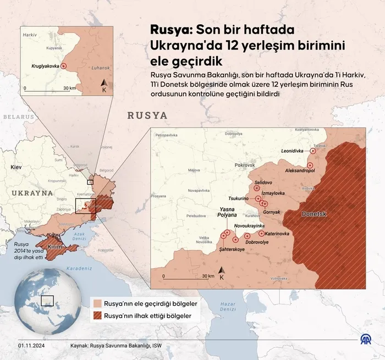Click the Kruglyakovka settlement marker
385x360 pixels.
[63, 66]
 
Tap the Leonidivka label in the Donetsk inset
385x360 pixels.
[293, 151]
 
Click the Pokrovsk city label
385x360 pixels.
[245, 165]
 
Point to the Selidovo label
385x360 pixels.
[263, 182]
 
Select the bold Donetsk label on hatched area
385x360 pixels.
[315, 213]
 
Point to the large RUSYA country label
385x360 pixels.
[147, 116]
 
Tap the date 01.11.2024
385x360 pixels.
[31, 346]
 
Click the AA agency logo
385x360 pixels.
[365, 342]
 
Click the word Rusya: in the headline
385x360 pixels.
[170, 30]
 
